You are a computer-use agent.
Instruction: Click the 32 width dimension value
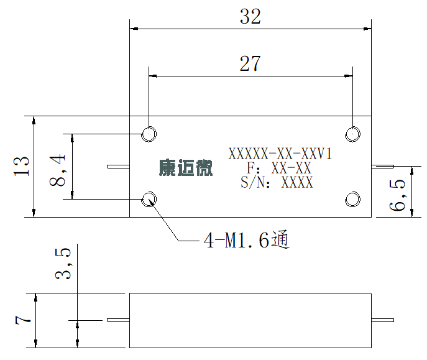250,16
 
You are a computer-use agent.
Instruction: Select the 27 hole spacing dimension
250,63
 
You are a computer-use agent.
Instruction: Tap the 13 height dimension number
21,166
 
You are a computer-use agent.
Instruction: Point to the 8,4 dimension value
57,170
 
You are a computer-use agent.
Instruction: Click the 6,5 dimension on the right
397,195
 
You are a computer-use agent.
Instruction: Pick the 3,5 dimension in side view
63,264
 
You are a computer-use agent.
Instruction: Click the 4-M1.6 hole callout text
247,239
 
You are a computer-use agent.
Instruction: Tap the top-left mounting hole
149,134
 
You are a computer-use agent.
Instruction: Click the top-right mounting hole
352,134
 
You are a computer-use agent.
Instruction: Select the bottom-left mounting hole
149,199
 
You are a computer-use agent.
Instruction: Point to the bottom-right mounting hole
352,199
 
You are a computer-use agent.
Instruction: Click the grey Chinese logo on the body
186,167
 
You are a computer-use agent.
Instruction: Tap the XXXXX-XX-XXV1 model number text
280,154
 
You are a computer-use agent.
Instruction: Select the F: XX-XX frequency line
279,168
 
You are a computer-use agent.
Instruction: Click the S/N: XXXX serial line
277,182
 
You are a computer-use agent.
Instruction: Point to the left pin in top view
118,167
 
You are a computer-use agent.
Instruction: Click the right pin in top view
383,167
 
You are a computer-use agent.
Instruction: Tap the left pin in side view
118,320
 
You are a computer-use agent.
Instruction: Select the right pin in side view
383,320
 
